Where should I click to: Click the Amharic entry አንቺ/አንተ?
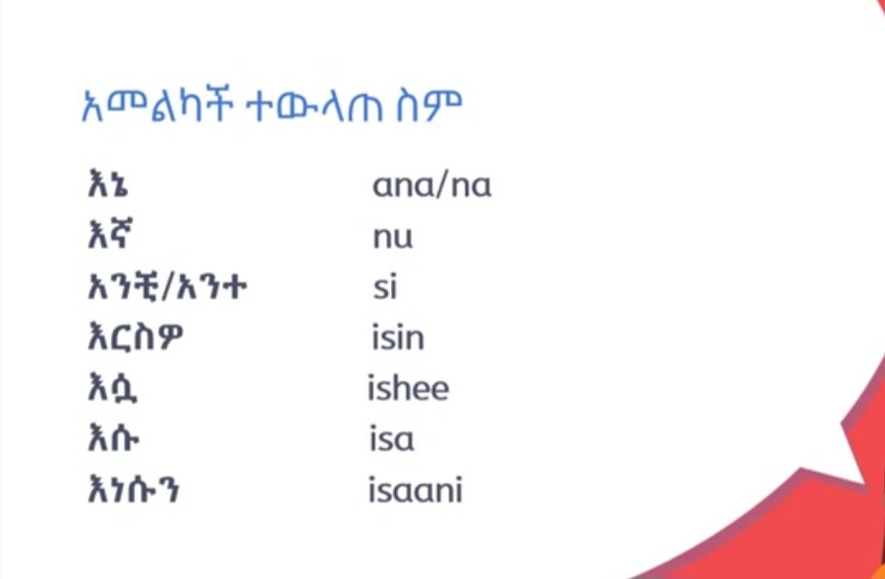pyautogui.click(x=162, y=288)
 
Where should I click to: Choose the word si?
pyautogui.click(x=385, y=287)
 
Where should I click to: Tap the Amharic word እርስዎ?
pyautogui.click(x=133, y=339)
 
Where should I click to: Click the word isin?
pyautogui.click(x=398, y=338)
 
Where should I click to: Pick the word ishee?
pyautogui.click(x=409, y=389)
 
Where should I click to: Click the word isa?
pyautogui.click(x=392, y=440)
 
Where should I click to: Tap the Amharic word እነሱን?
pyautogui.click(x=133, y=491)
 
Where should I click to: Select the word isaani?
pyautogui.click(x=415, y=491)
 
